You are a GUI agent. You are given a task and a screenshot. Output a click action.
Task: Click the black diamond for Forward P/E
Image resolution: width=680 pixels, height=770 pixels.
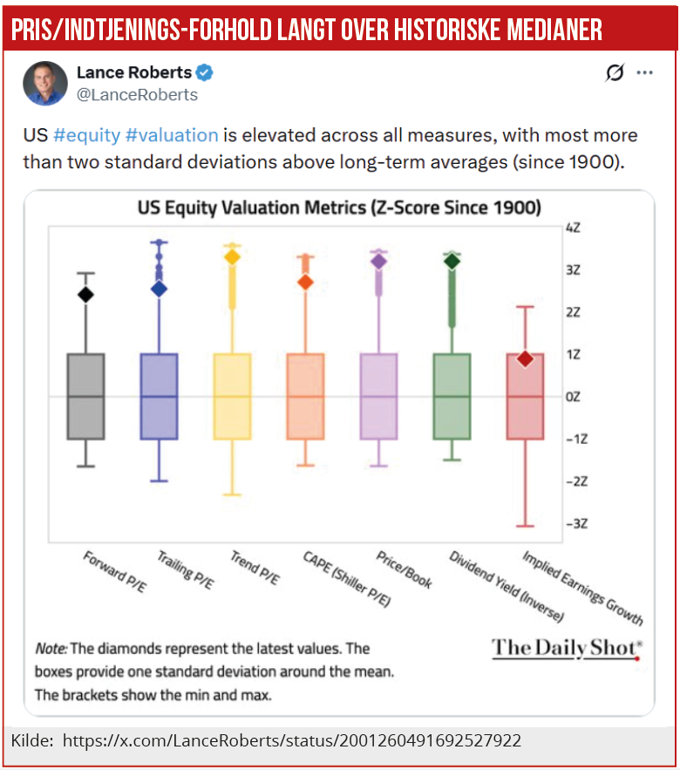pos(85,294)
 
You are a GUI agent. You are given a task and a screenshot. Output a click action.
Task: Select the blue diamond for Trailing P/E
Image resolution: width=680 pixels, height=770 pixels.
pos(159,289)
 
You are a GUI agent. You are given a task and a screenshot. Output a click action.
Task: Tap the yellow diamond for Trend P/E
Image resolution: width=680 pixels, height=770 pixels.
pos(232,256)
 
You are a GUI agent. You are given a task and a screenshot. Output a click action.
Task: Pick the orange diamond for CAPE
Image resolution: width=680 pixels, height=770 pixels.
pos(305,282)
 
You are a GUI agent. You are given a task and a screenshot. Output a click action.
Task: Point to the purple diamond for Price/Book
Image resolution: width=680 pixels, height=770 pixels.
pos(378,261)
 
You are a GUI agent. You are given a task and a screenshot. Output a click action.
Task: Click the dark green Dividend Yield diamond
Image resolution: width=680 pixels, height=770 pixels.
pos(452,260)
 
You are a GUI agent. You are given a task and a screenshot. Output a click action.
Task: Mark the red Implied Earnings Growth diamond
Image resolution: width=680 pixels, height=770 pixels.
pos(525,358)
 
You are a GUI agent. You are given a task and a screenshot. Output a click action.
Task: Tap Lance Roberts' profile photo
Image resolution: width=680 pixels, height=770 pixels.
pos(45,83)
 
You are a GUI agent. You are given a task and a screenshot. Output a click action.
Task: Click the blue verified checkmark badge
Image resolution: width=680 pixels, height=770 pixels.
pos(205,72)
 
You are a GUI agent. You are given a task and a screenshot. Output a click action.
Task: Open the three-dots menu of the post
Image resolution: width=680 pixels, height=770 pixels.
pos(644,73)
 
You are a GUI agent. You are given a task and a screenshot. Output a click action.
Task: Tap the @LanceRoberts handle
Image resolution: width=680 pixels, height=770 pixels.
pos(137,95)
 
